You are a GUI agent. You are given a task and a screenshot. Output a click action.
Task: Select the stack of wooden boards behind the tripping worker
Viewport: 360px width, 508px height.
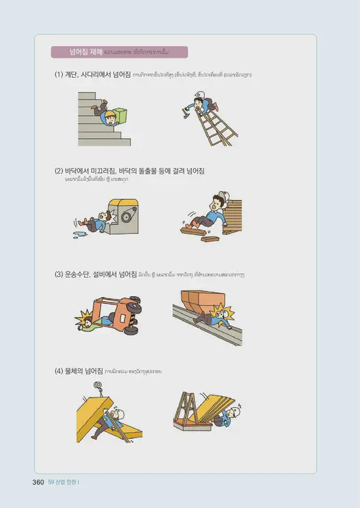coord(234,217)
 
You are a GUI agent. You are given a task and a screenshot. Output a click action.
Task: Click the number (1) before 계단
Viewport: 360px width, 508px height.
coord(59,75)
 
